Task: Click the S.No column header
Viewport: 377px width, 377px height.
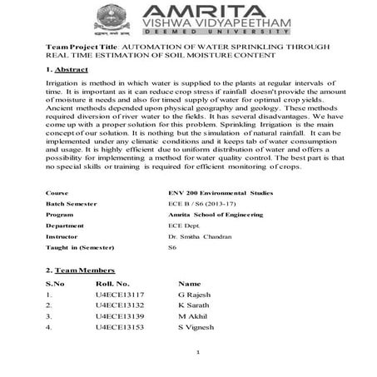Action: (54, 283)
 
